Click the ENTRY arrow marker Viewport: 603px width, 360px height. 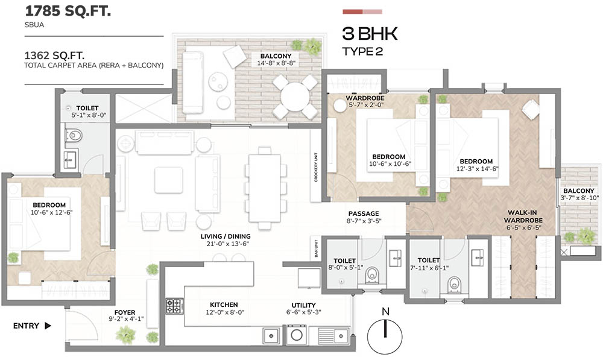(x=47, y=326)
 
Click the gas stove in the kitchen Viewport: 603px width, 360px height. (x=174, y=306)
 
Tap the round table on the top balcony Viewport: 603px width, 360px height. (x=295, y=96)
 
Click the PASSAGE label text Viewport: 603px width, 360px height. (x=364, y=213)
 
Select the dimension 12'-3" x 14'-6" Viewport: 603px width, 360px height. (x=476, y=170)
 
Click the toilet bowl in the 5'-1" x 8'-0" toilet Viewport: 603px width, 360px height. (x=74, y=135)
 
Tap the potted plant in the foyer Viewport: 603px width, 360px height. (x=126, y=333)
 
